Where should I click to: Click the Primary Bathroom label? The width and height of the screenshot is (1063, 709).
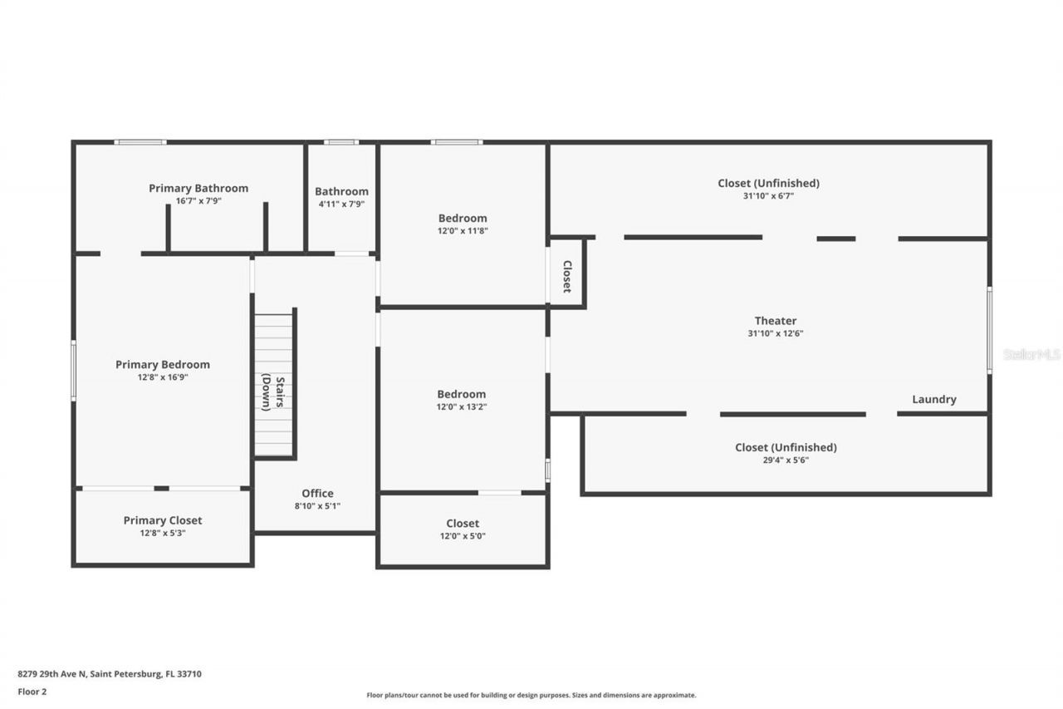coord(198,189)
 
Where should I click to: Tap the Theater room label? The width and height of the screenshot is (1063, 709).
coord(776,321)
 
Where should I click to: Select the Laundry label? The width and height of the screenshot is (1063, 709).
coord(934,399)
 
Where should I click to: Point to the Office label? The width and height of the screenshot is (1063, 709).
coord(317,493)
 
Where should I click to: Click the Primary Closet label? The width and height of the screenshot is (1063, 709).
coord(163,520)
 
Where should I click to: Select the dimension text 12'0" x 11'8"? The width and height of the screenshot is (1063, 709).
coord(463,231)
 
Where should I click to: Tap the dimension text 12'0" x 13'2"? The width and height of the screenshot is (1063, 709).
coord(463,406)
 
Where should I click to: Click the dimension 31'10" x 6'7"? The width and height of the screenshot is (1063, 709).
coord(768,196)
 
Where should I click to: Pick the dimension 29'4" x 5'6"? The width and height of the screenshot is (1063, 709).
coord(786,460)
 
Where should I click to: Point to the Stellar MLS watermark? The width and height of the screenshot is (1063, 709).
coord(1031,354)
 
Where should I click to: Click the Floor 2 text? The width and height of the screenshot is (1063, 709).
coord(32,691)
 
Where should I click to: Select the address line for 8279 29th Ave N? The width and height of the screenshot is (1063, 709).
coord(110,674)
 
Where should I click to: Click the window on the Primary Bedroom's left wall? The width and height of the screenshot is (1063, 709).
coord(74,371)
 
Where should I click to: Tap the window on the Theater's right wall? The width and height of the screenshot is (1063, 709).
coord(988,329)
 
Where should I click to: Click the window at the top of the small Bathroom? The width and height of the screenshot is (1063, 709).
coord(341,142)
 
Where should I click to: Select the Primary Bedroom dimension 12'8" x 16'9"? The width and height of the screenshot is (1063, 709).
coord(163,377)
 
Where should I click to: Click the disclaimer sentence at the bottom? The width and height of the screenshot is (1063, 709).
coord(531,695)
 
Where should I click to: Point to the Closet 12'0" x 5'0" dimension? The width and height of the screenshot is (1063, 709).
coord(463,536)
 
